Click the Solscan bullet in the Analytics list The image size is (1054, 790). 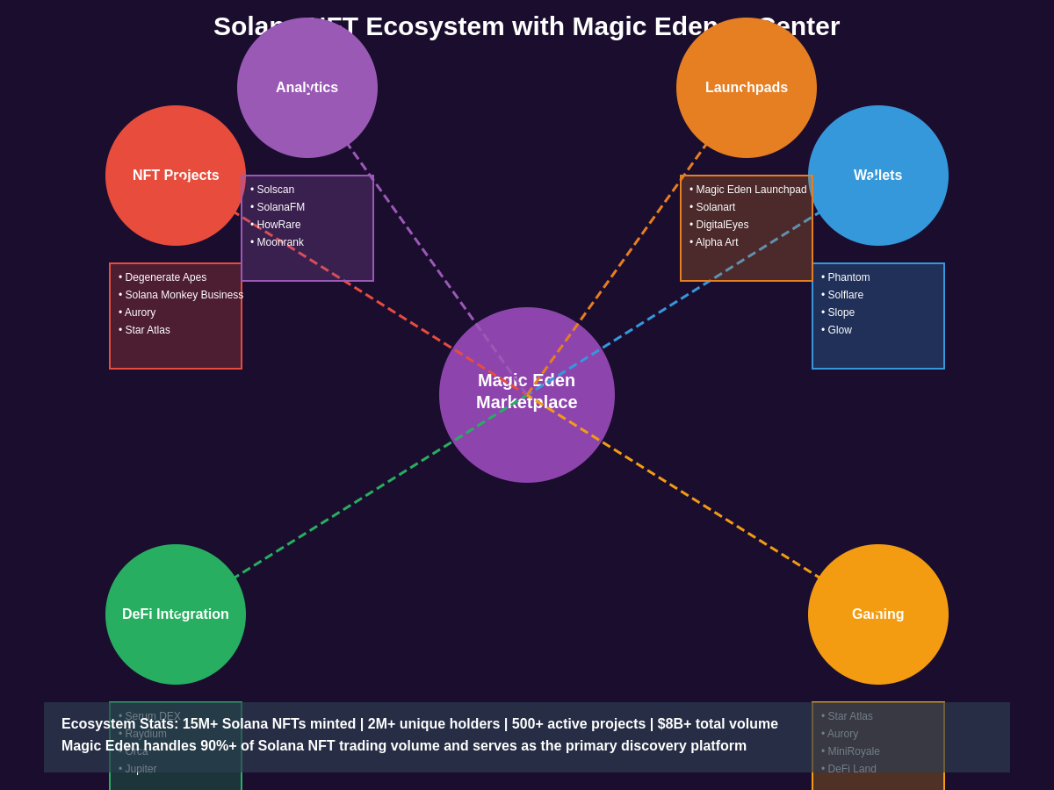275,190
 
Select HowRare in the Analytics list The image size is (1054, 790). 278,225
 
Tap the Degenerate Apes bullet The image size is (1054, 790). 165,277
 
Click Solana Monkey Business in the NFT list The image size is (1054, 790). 184,295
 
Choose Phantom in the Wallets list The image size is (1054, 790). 848,277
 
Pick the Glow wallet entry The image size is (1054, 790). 839,330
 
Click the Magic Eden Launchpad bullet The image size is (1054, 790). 751,190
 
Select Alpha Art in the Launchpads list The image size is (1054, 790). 717,242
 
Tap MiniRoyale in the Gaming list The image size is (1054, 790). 853,751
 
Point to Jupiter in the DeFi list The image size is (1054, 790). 141,769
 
